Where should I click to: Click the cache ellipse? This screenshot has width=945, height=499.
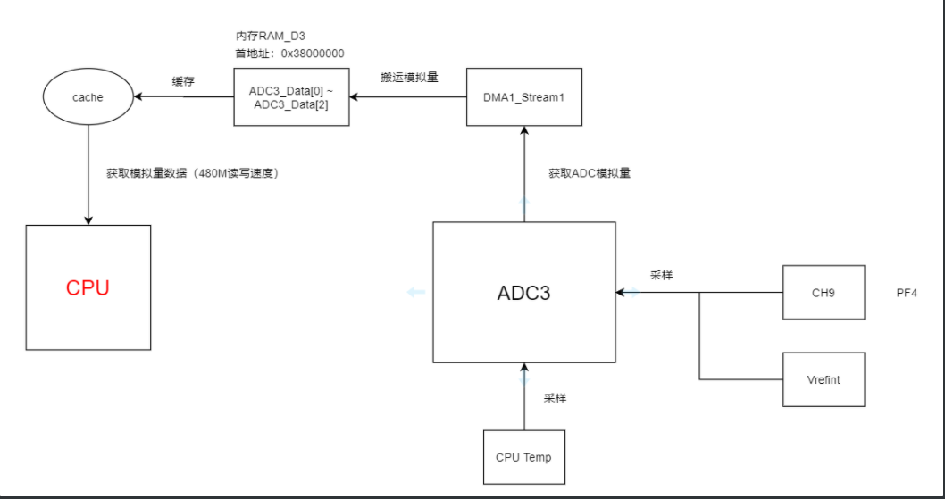(x=88, y=97)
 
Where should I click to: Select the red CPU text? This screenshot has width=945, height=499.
(x=88, y=288)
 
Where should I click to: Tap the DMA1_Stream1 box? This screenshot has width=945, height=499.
(x=524, y=97)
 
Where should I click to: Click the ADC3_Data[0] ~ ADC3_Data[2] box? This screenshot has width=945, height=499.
(x=291, y=97)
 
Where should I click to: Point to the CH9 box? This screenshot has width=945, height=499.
(x=824, y=292)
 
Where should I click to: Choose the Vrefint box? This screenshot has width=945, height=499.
(x=824, y=379)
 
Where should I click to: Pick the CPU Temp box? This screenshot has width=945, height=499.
(x=523, y=457)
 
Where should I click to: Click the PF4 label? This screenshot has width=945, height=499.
(x=907, y=292)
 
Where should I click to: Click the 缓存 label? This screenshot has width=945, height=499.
(x=184, y=81)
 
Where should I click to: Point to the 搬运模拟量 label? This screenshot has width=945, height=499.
(x=409, y=78)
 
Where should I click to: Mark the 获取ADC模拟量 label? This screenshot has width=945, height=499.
(x=590, y=173)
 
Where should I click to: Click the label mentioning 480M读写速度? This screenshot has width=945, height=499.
(x=193, y=173)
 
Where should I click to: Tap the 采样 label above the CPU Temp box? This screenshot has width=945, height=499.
(x=555, y=398)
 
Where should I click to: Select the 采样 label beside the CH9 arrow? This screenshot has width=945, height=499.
(x=661, y=276)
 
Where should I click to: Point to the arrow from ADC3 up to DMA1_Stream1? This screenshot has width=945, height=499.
(x=524, y=174)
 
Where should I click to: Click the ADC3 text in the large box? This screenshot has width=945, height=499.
(x=523, y=293)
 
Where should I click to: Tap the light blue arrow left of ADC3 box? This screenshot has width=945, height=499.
(x=415, y=292)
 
